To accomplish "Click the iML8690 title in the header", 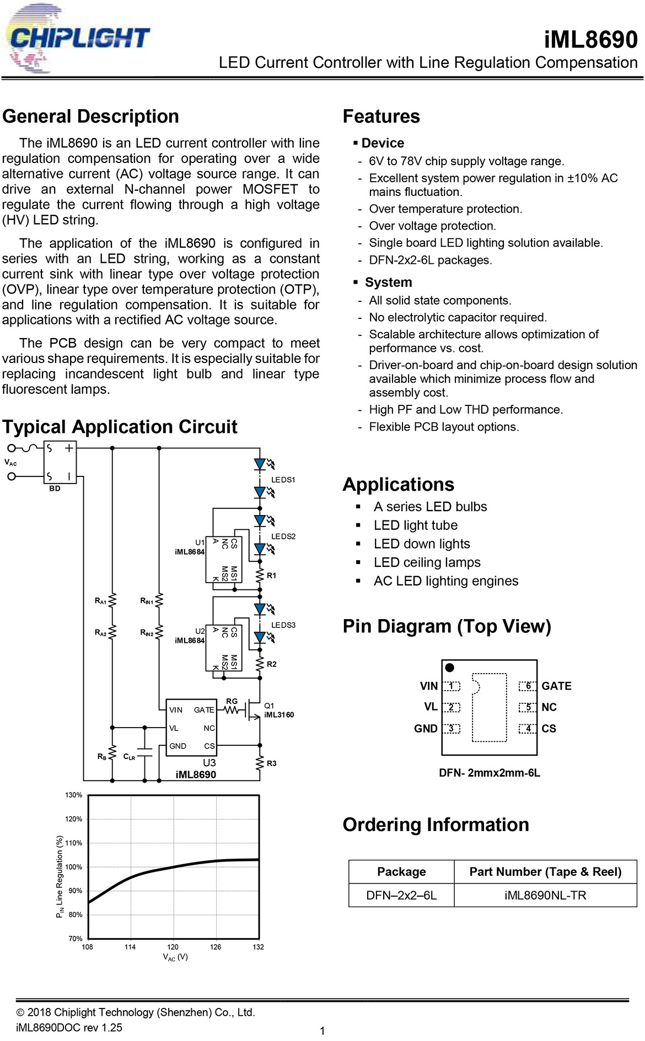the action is point(590,40).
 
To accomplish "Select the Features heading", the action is point(381,116).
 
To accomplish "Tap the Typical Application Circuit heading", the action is point(120,427).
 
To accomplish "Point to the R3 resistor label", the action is point(271,763).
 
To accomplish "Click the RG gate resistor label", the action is point(232,701).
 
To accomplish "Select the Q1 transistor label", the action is point(269,706).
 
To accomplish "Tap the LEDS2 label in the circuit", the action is point(283,536).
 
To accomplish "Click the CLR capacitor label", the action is point(129,757).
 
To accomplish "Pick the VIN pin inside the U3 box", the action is point(176,710).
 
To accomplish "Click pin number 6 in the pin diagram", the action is point(528,686).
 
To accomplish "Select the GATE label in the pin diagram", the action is point(556,686).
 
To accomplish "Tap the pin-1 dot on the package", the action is point(449,668).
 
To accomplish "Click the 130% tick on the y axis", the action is point(73,795).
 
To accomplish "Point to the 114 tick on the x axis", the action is point(130,947).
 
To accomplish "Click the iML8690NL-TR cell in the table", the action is point(545,895).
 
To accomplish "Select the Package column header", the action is point(401,871).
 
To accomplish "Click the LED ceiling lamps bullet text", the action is point(427,562).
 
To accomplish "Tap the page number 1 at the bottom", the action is point(322,1031).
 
